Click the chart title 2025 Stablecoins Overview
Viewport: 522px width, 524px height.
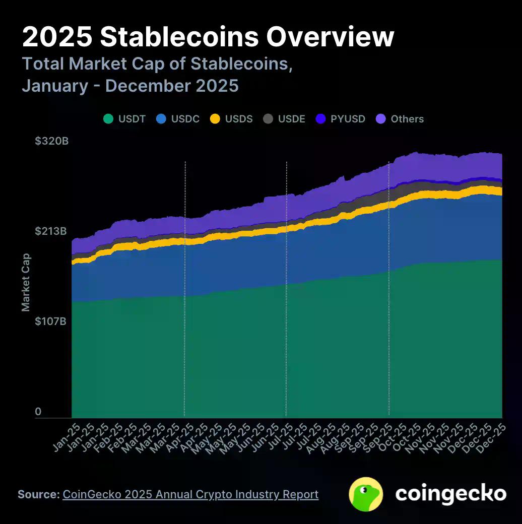pos(208,37)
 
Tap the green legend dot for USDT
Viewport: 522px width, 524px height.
pos(108,119)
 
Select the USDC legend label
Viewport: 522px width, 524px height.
pos(185,119)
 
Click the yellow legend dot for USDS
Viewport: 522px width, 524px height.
pos(215,119)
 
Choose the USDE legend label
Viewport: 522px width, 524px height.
pos(292,119)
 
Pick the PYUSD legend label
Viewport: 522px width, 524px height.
pos(348,119)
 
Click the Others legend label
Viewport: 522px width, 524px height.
pos(407,119)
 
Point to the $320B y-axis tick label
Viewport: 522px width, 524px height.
pos(51,141)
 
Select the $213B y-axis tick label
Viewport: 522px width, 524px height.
pos(51,231)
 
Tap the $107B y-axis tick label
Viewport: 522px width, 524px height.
pos(51,321)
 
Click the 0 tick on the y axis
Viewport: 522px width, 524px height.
pos(38,412)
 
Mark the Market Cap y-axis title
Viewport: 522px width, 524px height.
pos(26,282)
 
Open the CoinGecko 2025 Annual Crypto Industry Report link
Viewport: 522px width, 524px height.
pos(190,494)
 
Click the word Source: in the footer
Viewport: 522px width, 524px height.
pos(38,494)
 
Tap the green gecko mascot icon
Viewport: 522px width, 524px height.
pos(366,494)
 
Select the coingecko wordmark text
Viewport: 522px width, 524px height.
pos(450,494)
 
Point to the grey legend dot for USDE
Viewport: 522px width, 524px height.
pos(269,119)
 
